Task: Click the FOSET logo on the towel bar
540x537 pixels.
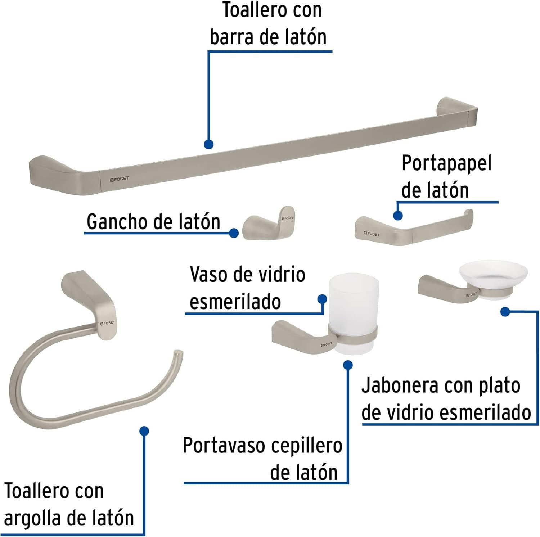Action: pyautogui.click(x=119, y=179)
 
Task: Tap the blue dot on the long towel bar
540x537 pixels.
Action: pyautogui.click(x=208, y=144)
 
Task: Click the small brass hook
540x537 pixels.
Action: pyautogui.click(x=269, y=222)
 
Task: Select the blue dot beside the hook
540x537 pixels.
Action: pyautogui.click(x=234, y=233)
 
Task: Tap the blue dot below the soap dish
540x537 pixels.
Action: pyautogui.click(x=505, y=312)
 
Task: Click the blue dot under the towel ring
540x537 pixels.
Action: pyautogui.click(x=144, y=431)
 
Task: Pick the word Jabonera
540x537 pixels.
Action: pyautogui.click(x=400, y=386)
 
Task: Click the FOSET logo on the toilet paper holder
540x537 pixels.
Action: pyautogui.click(x=372, y=234)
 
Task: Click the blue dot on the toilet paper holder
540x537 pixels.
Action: pyautogui.click(x=398, y=215)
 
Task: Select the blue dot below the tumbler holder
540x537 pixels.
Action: pyautogui.click(x=348, y=365)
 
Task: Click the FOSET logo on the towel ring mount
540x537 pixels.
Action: pyautogui.click(x=108, y=323)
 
